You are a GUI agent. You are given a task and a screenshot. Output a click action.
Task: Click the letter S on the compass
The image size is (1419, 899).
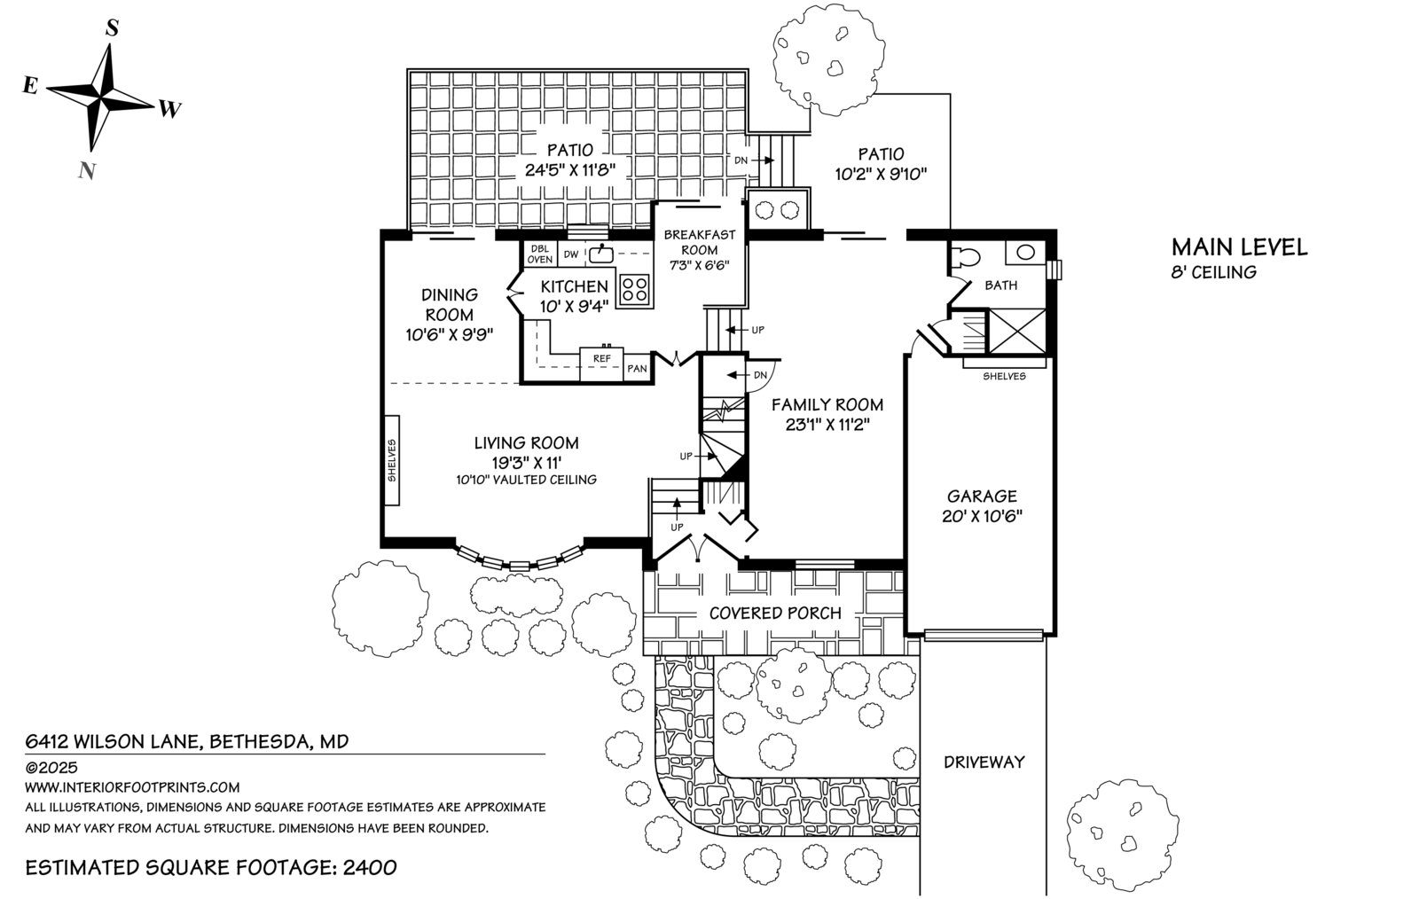[112, 27]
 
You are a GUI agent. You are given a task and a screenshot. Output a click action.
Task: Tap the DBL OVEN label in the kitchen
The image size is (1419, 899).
[540, 254]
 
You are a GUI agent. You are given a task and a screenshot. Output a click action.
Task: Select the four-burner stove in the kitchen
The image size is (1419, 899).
[635, 290]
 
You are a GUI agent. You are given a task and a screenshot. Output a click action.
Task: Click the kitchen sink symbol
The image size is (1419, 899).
[600, 254]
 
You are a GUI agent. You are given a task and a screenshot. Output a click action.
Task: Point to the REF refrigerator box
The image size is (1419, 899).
[602, 364]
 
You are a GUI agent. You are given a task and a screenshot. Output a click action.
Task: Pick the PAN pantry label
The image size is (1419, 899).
[637, 369]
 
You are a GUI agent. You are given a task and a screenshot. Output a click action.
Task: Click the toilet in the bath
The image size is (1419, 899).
[965, 257]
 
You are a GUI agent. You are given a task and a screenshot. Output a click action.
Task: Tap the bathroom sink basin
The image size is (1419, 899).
[1025, 252]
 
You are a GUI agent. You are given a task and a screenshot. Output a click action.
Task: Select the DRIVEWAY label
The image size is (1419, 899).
[984, 762]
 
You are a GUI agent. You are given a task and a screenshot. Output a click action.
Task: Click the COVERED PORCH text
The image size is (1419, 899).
[775, 613]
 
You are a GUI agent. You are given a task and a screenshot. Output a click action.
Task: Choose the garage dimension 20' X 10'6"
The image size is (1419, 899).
[982, 516]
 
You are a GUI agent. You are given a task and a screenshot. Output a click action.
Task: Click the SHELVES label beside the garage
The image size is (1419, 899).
[1004, 376]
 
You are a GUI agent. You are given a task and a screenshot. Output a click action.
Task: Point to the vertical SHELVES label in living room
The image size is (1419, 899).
[392, 460]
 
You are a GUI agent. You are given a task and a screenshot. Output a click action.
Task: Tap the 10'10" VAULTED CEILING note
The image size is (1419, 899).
[527, 480]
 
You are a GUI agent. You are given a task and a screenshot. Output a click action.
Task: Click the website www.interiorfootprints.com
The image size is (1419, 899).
[132, 787]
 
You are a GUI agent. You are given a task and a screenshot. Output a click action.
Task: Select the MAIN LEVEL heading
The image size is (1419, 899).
[1239, 246]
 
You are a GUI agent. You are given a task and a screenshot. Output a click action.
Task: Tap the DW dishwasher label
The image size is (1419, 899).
[571, 254]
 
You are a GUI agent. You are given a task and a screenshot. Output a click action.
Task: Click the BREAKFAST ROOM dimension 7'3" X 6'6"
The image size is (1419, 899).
[700, 265]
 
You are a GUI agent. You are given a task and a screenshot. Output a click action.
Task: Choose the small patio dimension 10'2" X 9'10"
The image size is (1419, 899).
[881, 174]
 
